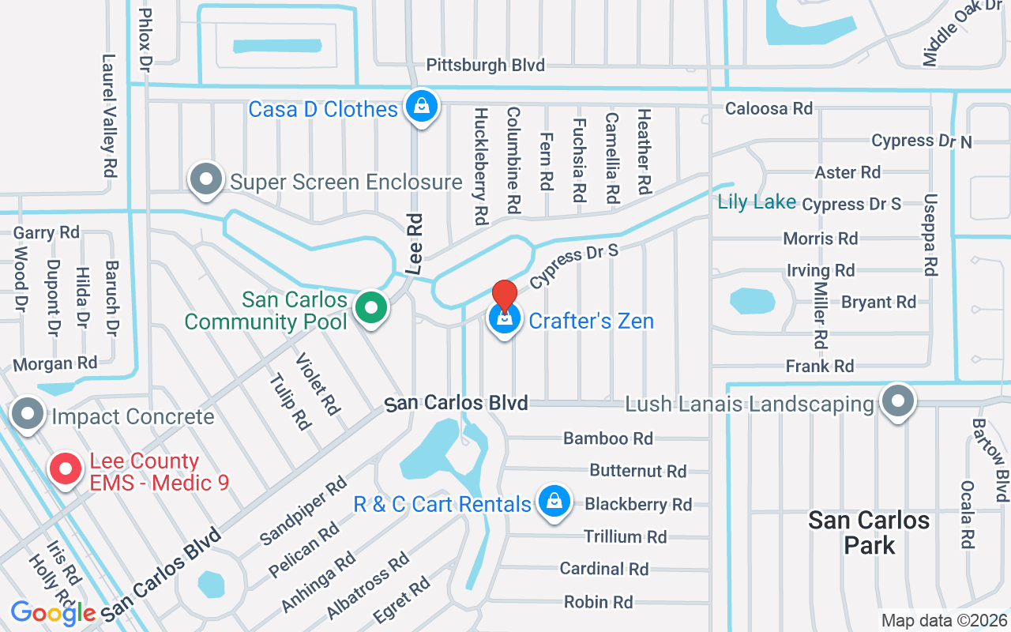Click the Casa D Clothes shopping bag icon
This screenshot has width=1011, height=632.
point(422,106)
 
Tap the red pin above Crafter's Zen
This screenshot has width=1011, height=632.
point(505,296)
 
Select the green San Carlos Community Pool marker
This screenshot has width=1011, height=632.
point(370,308)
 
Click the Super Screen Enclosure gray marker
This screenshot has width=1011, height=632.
point(206,179)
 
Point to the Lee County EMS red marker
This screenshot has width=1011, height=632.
point(66,469)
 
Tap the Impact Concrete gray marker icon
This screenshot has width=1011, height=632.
point(29,413)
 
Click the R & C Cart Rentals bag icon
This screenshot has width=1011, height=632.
point(554,502)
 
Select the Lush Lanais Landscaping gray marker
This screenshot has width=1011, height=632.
point(897,401)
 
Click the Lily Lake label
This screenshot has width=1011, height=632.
point(757,202)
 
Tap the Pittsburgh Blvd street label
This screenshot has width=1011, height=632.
point(486,65)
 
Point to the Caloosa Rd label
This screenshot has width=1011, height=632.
point(769,108)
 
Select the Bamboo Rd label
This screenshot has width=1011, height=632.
point(607,438)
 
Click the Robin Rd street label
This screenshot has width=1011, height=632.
point(598,602)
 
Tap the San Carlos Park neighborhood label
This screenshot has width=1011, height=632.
point(869,532)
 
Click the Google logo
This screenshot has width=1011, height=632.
point(53,612)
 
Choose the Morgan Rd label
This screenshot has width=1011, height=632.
point(55,363)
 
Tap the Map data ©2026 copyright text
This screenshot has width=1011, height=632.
point(945,621)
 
